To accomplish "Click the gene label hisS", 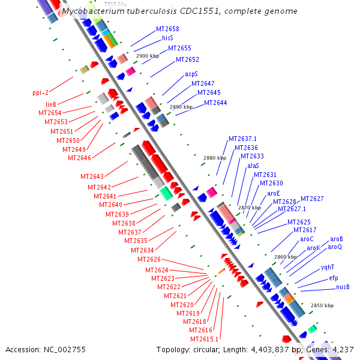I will click(x=167, y=38).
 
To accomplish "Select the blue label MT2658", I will click(x=167, y=29).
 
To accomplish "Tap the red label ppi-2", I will click(x=40, y=92).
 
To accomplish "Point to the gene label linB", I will click(x=51, y=104).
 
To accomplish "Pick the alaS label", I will click(x=253, y=166).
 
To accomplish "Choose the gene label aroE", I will click(x=274, y=193).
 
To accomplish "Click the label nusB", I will click(x=343, y=287).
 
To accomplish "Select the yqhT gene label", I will click(x=327, y=268).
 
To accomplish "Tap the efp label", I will click(x=334, y=278).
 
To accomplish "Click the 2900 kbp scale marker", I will click(x=148, y=56).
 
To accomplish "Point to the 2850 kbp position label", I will click(x=322, y=305).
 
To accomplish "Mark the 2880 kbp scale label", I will click(x=215, y=158).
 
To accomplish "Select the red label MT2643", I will click(x=92, y=176).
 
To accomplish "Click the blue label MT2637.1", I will click(x=242, y=139).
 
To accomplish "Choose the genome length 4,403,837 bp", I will click(x=270, y=349).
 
